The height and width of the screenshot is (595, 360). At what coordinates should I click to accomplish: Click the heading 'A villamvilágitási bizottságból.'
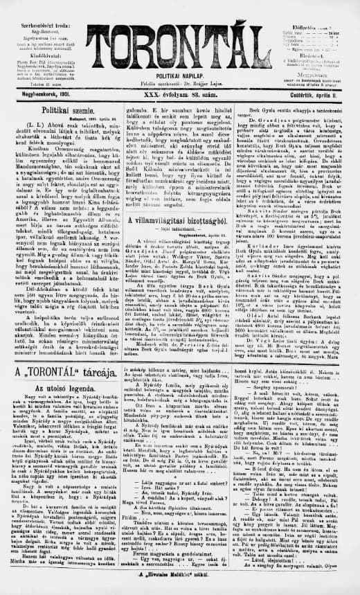tap(179, 199)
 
